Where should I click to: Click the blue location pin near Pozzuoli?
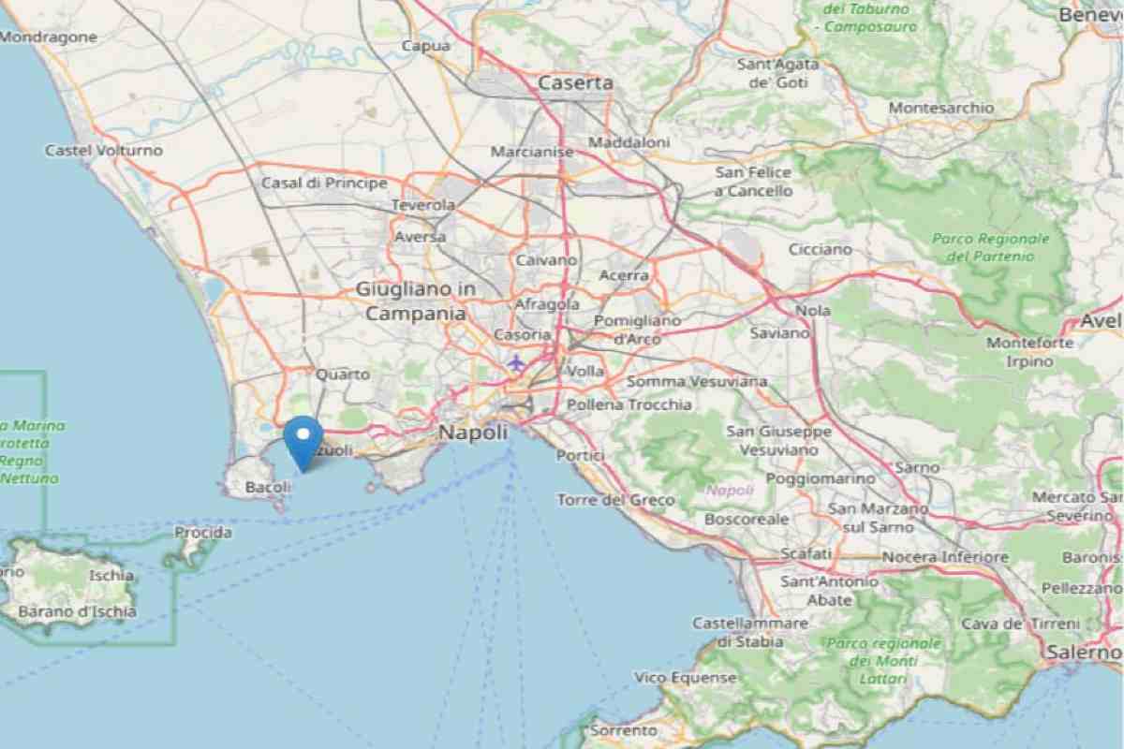pyautogui.click(x=303, y=438)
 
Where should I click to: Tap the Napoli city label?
pyautogui.click(x=473, y=433)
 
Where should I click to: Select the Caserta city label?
pyautogui.click(x=575, y=82)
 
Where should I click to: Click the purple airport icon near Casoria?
pyautogui.click(x=516, y=362)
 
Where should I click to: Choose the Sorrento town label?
pyautogui.click(x=624, y=729)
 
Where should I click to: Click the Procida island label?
pyautogui.click(x=203, y=533)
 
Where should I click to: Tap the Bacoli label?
pyautogui.click(x=262, y=488)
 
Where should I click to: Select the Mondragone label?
pyautogui.click(x=50, y=37)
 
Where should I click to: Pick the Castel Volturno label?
pyautogui.click(x=104, y=150)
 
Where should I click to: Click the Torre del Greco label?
pyautogui.click(x=615, y=500)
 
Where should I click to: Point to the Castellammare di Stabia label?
pyautogui.click(x=749, y=632)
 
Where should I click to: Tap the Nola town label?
pyautogui.click(x=812, y=310)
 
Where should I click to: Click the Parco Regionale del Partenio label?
pyautogui.click(x=990, y=247)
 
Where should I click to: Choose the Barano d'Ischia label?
pyautogui.click(x=77, y=612)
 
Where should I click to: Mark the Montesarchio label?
pyautogui.click(x=940, y=108)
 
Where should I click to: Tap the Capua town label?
pyautogui.click(x=425, y=45)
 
